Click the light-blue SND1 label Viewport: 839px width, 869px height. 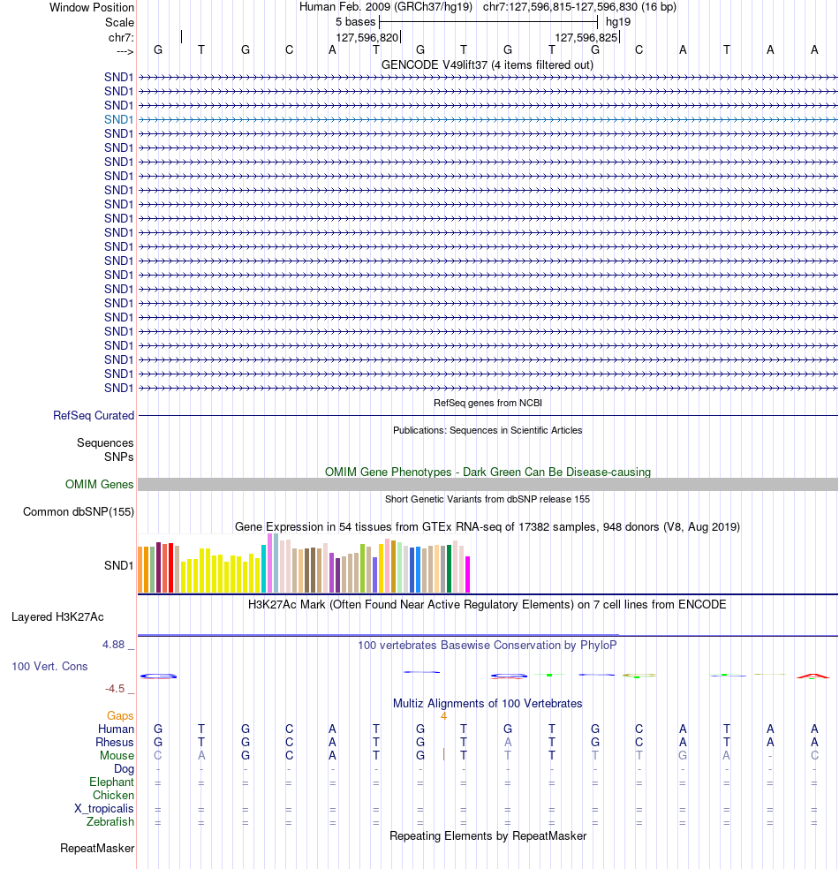click(118, 119)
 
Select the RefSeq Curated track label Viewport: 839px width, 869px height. click(94, 415)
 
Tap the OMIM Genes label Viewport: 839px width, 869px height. click(100, 484)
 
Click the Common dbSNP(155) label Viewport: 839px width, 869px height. click(79, 512)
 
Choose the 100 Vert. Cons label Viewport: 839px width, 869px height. click(49, 666)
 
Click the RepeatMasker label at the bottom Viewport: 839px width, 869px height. click(97, 849)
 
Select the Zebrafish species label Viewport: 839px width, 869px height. click(110, 822)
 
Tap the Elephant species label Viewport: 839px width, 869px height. click(111, 782)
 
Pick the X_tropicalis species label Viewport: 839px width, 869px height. click(104, 809)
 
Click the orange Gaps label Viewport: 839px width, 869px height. click(120, 716)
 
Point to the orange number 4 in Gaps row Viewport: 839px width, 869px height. click(443, 716)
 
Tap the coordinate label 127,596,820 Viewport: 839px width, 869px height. click(367, 38)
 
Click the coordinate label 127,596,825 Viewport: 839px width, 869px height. click(586, 38)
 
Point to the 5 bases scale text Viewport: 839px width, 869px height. click(355, 21)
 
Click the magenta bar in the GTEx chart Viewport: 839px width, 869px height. click(468, 574)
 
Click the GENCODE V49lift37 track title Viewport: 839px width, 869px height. click(488, 64)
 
